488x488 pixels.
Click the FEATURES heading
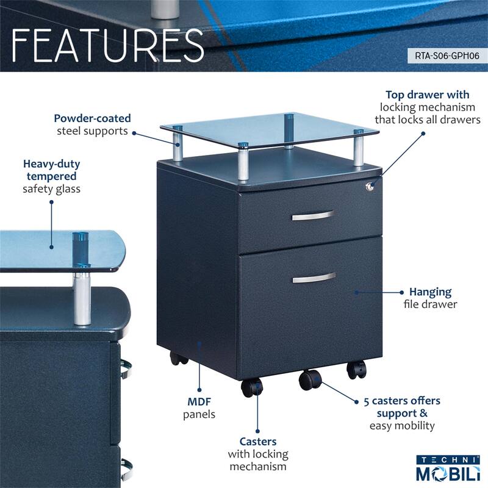(x=107, y=44)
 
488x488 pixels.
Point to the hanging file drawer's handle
(x=314, y=278)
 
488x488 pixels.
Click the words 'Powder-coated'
(x=92, y=118)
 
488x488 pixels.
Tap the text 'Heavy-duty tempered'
(x=51, y=170)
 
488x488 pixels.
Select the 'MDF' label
(x=199, y=402)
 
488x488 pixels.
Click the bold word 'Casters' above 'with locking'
(x=258, y=441)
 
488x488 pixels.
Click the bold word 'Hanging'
(x=431, y=292)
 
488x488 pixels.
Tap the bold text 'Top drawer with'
(x=428, y=95)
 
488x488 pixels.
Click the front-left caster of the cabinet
(x=251, y=387)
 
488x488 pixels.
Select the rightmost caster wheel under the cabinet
(x=356, y=368)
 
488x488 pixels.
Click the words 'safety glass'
(x=51, y=188)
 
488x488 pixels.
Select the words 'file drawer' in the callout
(x=431, y=304)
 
